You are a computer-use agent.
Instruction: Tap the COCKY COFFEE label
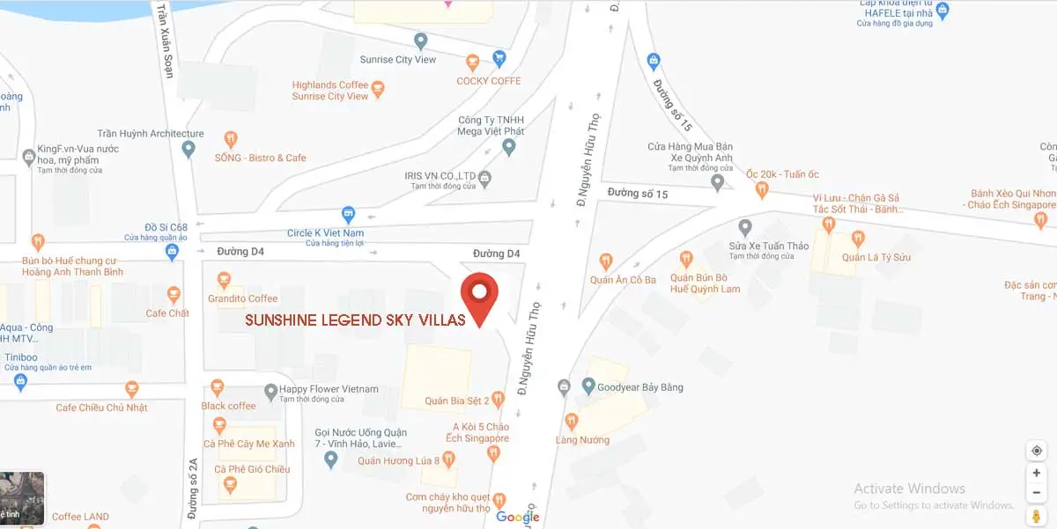click(x=488, y=81)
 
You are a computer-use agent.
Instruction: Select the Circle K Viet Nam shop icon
click(x=349, y=214)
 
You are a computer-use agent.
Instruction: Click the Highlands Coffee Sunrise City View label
click(x=329, y=91)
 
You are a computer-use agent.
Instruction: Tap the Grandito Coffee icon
click(x=224, y=281)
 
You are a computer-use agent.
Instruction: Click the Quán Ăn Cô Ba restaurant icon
click(x=606, y=261)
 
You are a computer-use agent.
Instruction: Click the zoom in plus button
click(x=1037, y=473)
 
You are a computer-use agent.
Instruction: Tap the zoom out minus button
click(x=1037, y=492)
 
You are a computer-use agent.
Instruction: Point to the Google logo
click(x=517, y=518)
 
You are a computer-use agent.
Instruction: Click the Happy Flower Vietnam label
click(x=329, y=389)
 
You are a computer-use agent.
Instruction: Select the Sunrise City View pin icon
click(x=421, y=41)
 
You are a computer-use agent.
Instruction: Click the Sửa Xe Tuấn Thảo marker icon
click(x=745, y=227)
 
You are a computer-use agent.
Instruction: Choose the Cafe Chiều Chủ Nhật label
click(x=101, y=408)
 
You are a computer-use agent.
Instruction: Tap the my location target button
click(x=1037, y=451)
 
